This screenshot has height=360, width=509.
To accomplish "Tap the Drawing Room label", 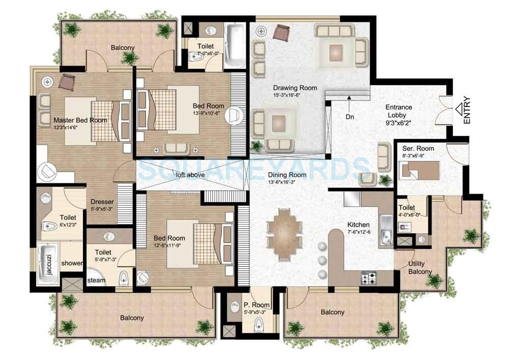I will point(295,88).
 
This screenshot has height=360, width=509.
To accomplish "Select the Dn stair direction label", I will point(350,117).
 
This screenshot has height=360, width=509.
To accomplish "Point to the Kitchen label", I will point(358,225).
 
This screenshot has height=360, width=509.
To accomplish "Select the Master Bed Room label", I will point(80,120).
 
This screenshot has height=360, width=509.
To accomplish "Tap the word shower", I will point(72,263).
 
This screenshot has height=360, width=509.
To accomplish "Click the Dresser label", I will point(102,201).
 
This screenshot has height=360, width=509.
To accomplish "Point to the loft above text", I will point(187,175).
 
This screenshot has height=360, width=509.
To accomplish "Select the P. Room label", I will point(256,305).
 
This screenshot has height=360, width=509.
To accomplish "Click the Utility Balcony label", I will point(419,268).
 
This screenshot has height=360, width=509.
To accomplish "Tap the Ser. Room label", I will point(418,148).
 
